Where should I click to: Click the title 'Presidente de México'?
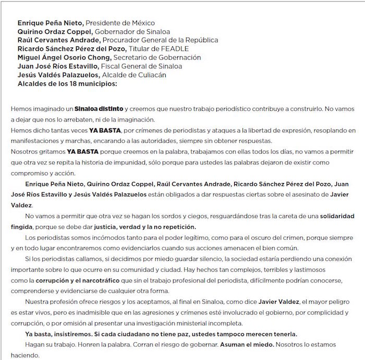tap(120, 23)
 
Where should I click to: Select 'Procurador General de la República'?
tap(160, 40)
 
